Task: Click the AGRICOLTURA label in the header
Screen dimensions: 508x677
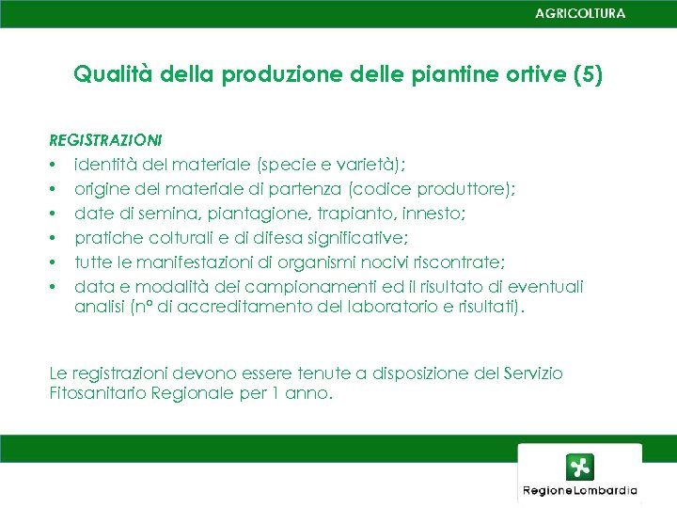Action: (x=579, y=13)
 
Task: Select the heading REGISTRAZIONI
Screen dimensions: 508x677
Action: (x=105, y=140)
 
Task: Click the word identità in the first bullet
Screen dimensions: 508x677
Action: (x=106, y=165)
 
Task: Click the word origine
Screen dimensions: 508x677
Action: (x=102, y=189)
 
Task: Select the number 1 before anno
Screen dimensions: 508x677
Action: (x=276, y=394)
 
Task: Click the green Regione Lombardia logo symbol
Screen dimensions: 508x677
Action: (x=579, y=468)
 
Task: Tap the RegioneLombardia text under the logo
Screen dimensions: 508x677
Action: (x=580, y=490)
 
